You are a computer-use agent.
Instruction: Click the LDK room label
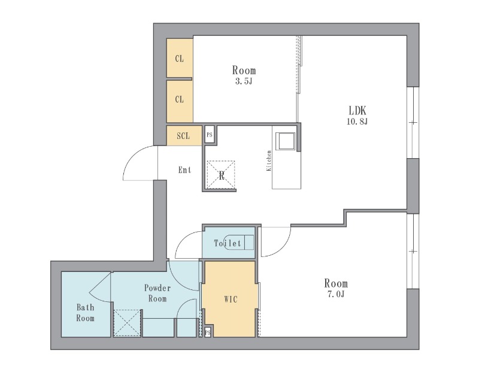[x=357, y=110]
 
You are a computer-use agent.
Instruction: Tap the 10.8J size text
[x=357, y=122]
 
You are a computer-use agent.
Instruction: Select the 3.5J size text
[x=244, y=81]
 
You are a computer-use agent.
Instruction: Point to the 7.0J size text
[x=336, y=294]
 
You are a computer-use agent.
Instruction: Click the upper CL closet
[x=180, y=58]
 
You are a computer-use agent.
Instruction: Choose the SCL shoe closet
[x=184, y=135]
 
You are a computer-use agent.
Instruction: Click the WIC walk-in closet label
[x=231, y=300]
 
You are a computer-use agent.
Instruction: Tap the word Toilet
[x=228, y=243]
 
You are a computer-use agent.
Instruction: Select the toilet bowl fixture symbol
[x=239, y=242]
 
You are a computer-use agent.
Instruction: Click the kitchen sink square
[x=286, y=141]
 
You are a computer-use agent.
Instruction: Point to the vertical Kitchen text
[x=269, y=161]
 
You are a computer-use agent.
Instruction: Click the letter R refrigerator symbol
[x=222, y=176]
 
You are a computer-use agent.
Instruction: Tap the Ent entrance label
[x=185, y=170]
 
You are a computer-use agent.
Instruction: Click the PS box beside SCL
[x=210, y=135]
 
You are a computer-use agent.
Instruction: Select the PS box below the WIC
[x=208, y=332]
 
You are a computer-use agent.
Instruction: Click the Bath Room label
[x=85, y=313]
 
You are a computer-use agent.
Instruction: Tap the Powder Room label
[x=157, y=293]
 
